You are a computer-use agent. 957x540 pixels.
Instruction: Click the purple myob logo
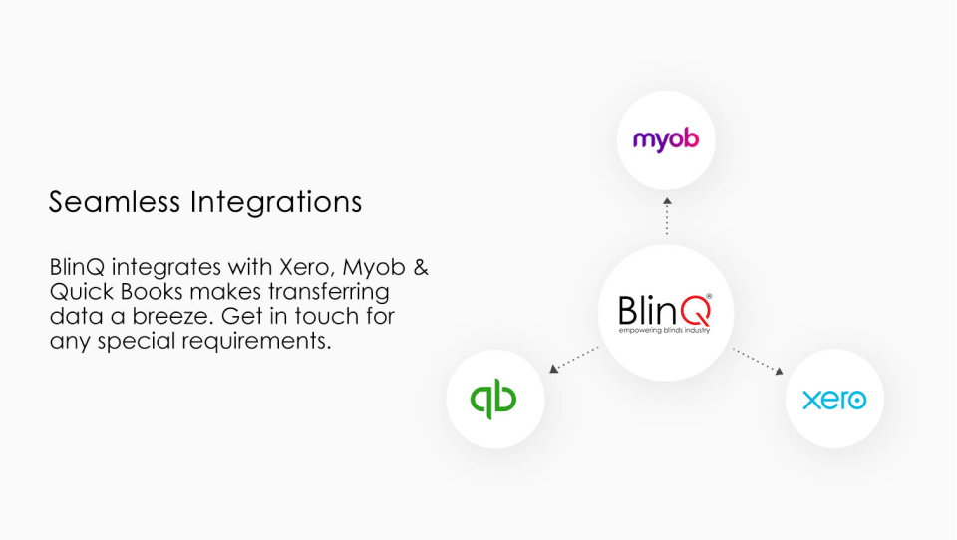666,139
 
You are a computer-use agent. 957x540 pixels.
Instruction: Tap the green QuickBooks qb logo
493,399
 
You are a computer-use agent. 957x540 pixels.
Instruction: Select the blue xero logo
834,400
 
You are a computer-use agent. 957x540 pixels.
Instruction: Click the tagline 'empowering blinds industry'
664,330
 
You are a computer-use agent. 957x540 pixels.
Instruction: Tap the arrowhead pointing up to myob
667,201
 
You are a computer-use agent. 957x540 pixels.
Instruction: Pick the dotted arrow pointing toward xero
758,361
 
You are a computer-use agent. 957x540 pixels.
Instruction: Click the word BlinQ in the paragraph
79,268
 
